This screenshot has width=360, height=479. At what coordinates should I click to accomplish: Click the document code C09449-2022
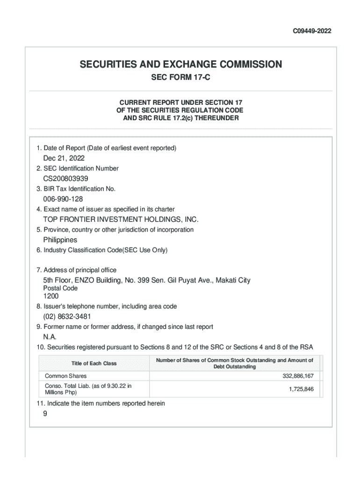pyautogui.click(x=312, y=31)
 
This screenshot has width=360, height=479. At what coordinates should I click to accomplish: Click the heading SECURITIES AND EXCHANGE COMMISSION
pyautogui.click(x=180, y=65)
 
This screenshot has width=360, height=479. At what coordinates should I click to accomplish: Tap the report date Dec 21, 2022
pyautogui.click(x=64, y=158)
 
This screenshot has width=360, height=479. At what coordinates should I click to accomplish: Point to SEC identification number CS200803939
pyautogui.click(x=66, y=179)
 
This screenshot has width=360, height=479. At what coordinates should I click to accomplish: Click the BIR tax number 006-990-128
pyautogui.click(x=63, y=199)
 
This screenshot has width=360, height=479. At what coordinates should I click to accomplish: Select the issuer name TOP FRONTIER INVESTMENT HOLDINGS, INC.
pyautogui.click(x=121, y=219)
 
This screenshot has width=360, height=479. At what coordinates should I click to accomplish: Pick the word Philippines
pyautogui.click(x=60, y=239)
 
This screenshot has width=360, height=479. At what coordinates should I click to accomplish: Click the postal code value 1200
pyautogui.click(x=51, y=296)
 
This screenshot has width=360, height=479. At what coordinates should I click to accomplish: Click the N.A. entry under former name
pyautogui.click(x=50, y=336)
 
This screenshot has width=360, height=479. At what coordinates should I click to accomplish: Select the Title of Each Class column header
pyautogui.click(x=94, y=363)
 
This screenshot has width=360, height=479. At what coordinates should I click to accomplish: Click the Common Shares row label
pyautogui.click(x=65, y=376)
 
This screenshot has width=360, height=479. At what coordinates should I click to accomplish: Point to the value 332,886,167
pyautogui.click(x=298, y=376)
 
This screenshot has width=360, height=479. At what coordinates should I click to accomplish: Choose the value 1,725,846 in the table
pyautogui.click(x=301, y=389)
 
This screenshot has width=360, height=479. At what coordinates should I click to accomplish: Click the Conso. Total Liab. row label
pyautogui.click(x=88, y=389)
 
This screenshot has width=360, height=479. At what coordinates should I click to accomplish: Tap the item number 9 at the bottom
pyautogui.click(x=45, y=413)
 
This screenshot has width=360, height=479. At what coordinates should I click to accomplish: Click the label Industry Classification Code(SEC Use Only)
pyautogui.click(x=102, y=250)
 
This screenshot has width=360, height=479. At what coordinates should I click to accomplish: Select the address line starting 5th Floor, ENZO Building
pyautogui.click(x=147, y=280)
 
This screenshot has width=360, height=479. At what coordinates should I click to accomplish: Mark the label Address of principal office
pyautogui.click(x=76, y=270)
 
